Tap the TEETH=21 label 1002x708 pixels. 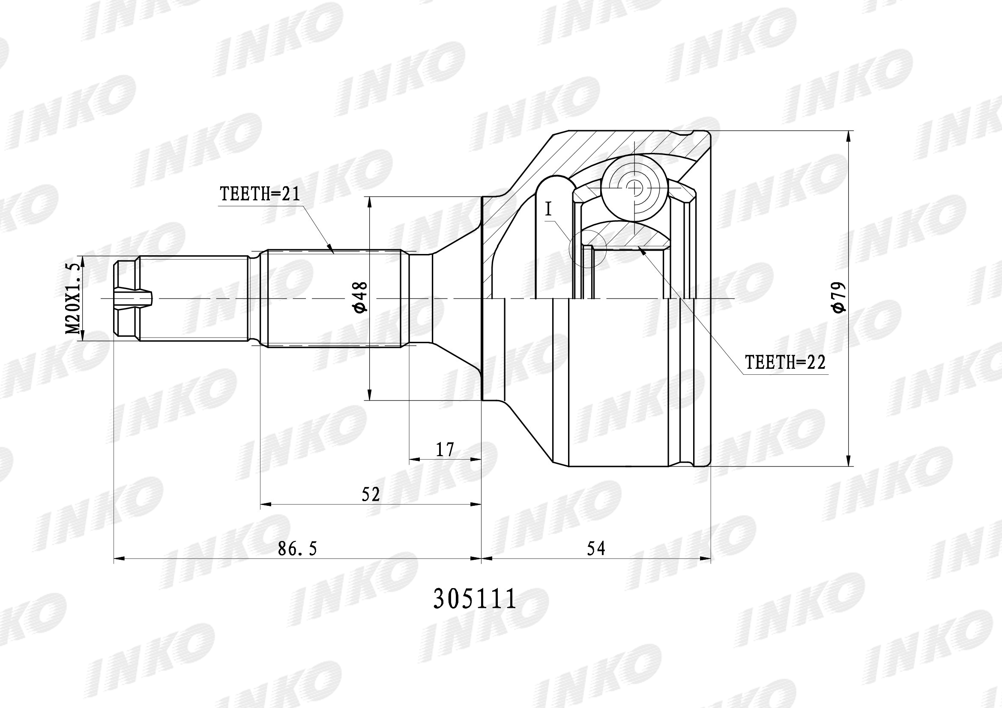tap(260, 194)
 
